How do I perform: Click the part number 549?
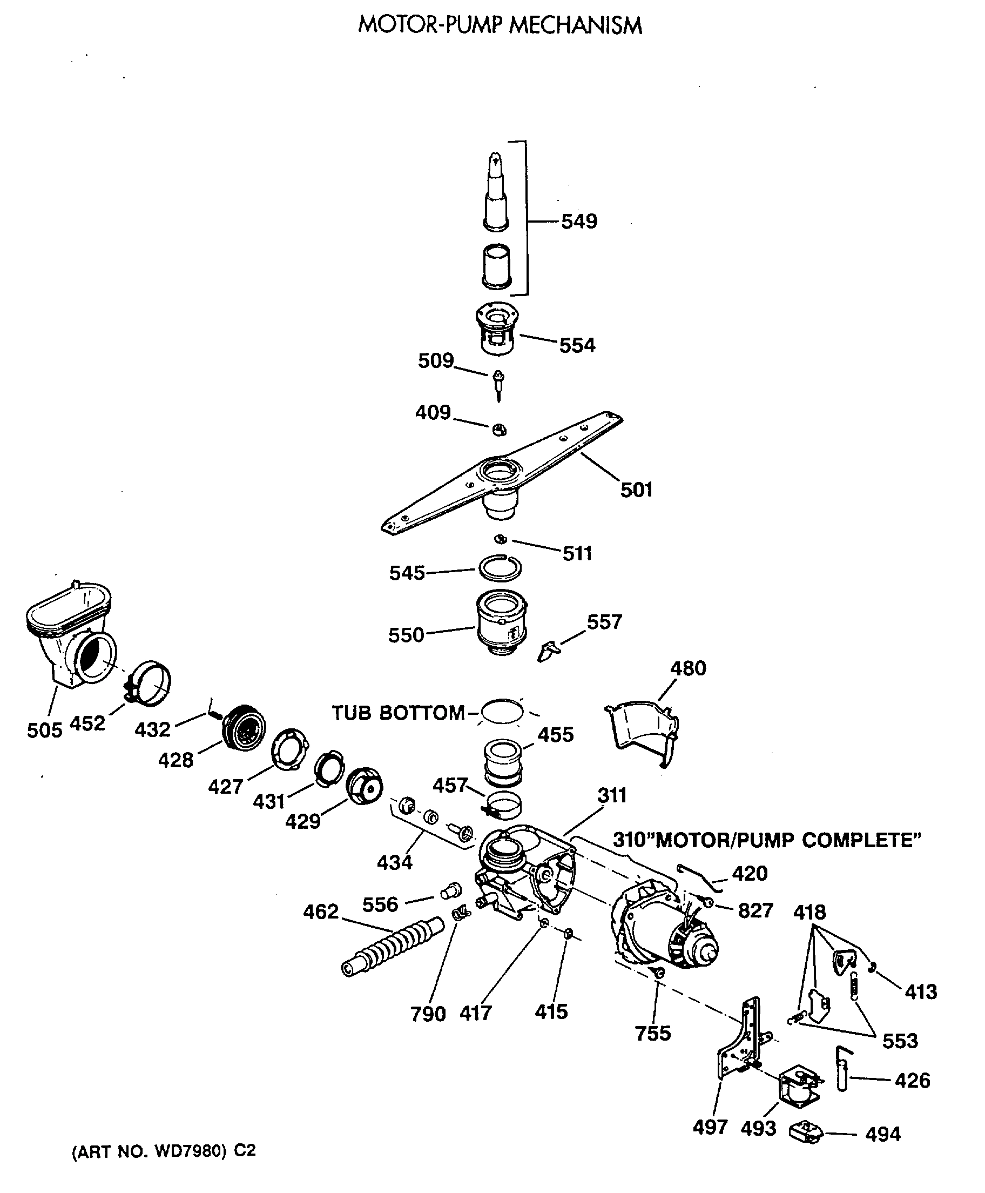tap(579, 222)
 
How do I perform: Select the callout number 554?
tap(577, 345)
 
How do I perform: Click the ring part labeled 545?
tap(500, 567)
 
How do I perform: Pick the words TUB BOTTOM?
tap(398, 713)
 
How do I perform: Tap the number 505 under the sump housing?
tap(44, 730)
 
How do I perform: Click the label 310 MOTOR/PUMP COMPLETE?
tap(766, 840)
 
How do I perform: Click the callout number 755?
tap(652, 1034)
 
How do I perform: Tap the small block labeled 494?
tap(806, 1132)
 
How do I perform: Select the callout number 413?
tap(920, 992)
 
